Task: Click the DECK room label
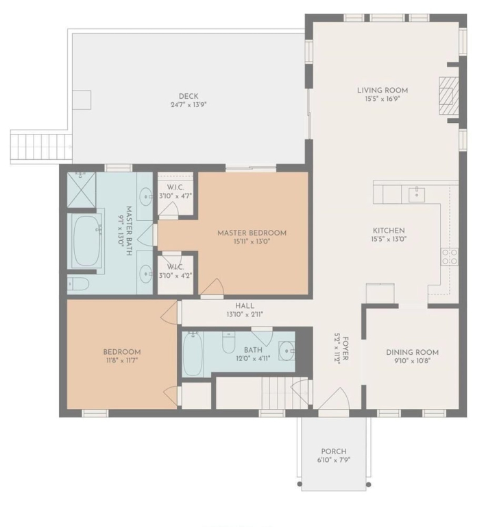(x=188, y=97)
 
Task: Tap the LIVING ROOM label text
(x=382, y=90)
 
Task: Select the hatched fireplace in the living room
(x=449, y=96)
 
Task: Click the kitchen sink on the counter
(x=416, y=195)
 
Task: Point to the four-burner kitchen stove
(x=449, y=257)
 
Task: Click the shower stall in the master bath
(x=82, y=189)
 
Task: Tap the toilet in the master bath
(x=78, y=283)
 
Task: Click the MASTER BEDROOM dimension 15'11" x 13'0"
(x=252, y=242)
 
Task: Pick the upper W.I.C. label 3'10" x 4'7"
(x=175, y=196)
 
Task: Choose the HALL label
(x=245, y=306)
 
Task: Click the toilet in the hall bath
(x=228, y=342)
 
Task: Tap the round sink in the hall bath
(x=287, y=351)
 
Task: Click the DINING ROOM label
(x=412, y=352)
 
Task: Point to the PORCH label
(x=333, y=452)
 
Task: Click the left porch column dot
(x=300, y=484)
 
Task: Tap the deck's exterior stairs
(x=41, y=147)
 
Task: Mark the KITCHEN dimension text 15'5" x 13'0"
(x=388, y=239)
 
